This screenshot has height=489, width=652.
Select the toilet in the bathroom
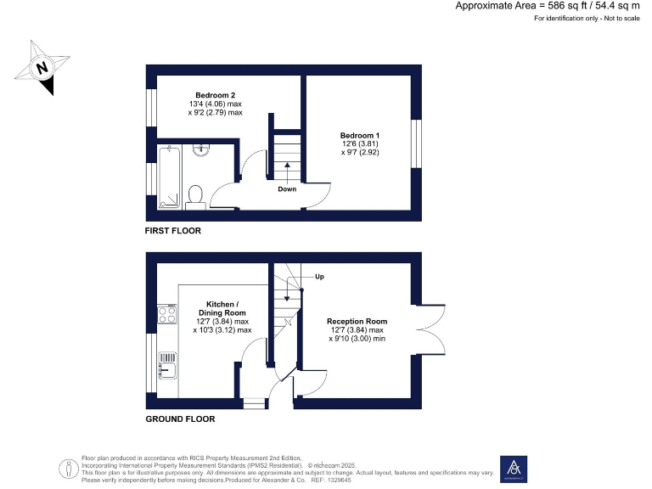(194, 196)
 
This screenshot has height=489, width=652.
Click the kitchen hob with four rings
(166, 315)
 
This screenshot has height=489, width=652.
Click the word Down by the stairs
(287, 188)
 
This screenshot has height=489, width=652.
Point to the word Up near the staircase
(319, 277)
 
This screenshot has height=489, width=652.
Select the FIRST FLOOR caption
(173, 231)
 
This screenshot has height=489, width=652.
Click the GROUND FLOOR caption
(180, 419)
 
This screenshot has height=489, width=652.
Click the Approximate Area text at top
(548, 6)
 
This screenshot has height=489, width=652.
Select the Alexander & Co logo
(514, 468)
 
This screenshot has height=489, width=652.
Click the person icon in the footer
(67, 469)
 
